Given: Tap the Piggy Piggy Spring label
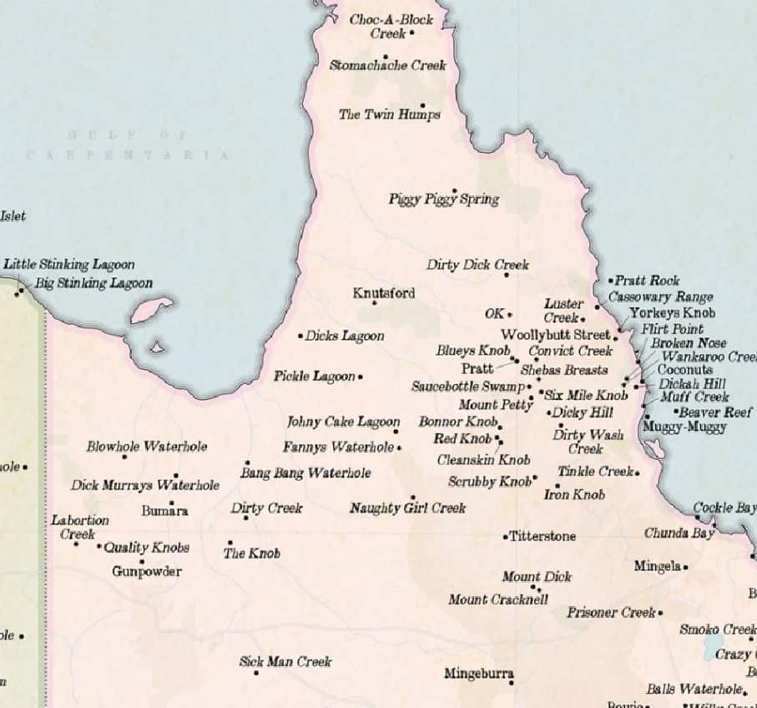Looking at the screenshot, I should pos(443,200).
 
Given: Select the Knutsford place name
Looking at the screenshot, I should pos(383,293).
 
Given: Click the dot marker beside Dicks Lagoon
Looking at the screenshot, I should pos(300,336).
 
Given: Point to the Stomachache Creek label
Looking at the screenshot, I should pos(387,65).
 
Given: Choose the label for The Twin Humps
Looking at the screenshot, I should pos(389,114).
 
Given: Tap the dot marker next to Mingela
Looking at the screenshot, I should pos(685,567).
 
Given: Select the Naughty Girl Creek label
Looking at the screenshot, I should pos(407,508).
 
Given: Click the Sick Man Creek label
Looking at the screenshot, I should pos(285,661).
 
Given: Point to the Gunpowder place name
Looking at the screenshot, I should pos(147,572).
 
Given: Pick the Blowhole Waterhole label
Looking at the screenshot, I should pos(147,447).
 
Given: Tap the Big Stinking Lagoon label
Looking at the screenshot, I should pos(93,283).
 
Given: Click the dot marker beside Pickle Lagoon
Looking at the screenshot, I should pos(361,377).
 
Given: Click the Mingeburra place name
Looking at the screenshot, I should pos(478,673).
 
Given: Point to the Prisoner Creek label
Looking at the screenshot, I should pos(612,613).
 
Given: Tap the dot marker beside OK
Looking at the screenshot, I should pos(509,315).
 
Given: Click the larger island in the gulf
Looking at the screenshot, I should pos(151,310).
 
